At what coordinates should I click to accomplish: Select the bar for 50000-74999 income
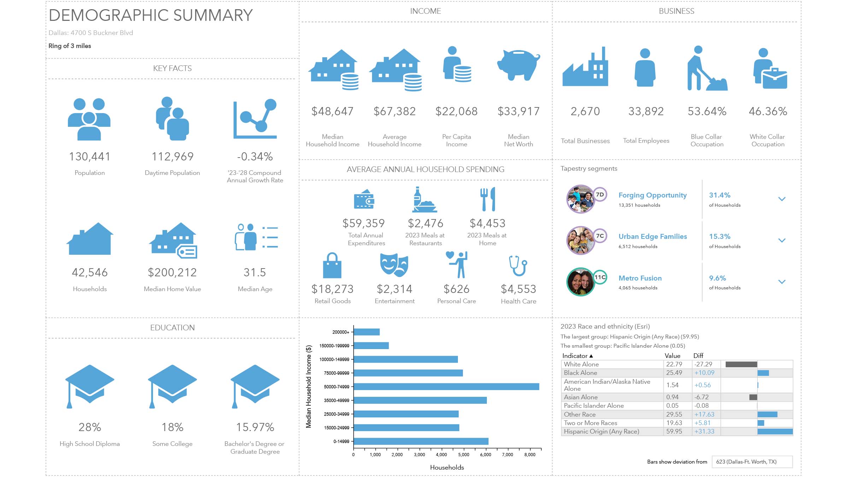[x=446, y=387]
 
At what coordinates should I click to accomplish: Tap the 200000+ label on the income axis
[x=341, y=332]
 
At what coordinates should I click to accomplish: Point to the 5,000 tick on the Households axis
[x=464, y=455]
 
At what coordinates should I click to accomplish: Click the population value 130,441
[x=90, y=157]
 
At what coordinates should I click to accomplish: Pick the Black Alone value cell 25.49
[x=674, y=373]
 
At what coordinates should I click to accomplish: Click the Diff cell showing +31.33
[x=704, y=431]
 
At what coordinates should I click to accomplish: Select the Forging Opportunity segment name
[x=653, y=195]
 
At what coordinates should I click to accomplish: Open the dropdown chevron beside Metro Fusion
[x=782, y=282]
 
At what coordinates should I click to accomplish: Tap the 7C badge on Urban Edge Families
[x=600, y=236]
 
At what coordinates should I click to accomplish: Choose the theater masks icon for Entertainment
[x=394, y=265]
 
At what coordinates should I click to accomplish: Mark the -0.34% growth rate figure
[x=255, y=157]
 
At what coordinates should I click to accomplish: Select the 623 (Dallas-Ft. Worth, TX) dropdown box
[x=752, y=462]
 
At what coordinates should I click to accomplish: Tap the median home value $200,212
[x=172, y=272]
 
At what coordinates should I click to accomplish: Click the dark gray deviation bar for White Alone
[x=741, y=364]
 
